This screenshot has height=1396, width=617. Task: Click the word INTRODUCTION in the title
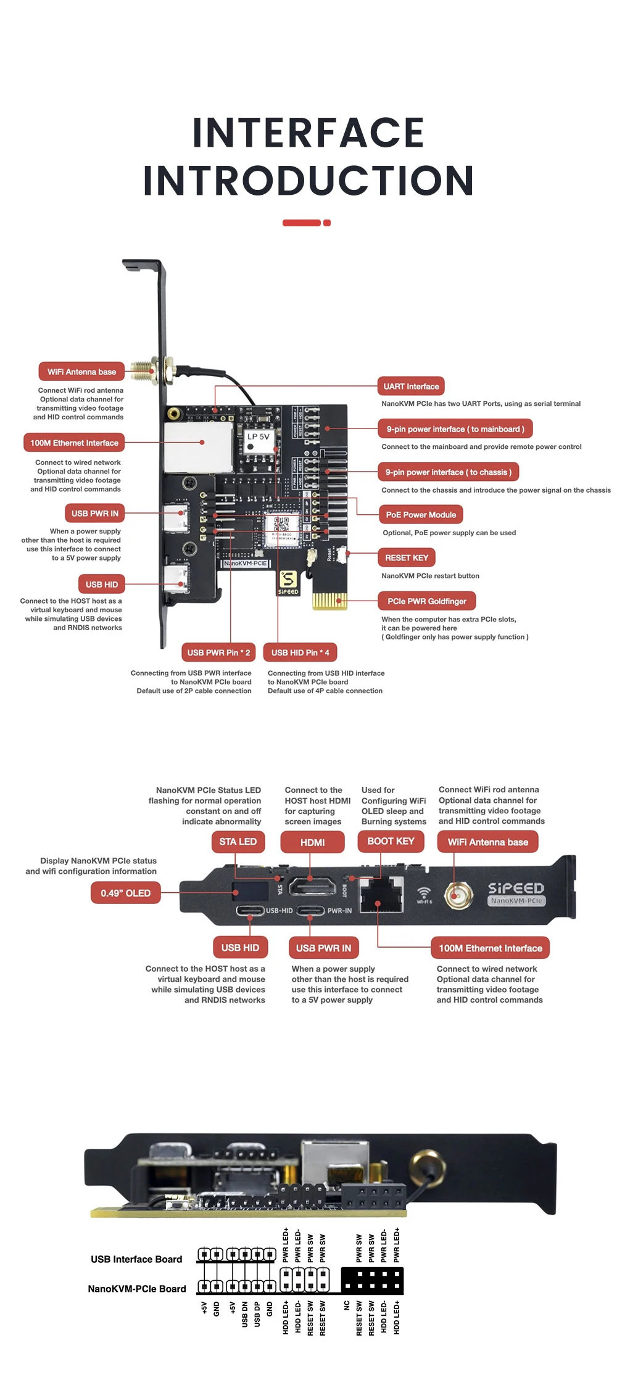pos(308,180)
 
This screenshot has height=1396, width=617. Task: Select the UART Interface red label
pos(411,387)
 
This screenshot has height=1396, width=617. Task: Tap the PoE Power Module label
pos(421,515)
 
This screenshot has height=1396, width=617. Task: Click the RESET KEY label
pos(407,558)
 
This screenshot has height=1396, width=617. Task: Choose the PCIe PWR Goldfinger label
pos(426,601)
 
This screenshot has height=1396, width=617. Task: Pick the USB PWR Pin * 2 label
pos(218,652)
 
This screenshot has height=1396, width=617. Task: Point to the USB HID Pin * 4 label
pos(300,652)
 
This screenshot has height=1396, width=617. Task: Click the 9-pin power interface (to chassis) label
pos(449,472)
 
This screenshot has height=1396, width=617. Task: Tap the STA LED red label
pos(238,842)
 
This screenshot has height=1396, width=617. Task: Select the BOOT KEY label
pos(391,842)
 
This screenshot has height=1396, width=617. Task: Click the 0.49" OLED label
pos(125,893)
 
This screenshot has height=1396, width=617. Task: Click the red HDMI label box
pos(312,842)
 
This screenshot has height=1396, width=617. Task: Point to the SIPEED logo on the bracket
pos(516,888)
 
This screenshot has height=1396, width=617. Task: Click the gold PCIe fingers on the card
pos(329,600)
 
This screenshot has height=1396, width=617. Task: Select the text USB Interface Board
pos(136,1259)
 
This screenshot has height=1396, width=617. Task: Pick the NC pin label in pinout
pos(347,1305)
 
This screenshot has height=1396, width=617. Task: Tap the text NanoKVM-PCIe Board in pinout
pos(136,1289)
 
